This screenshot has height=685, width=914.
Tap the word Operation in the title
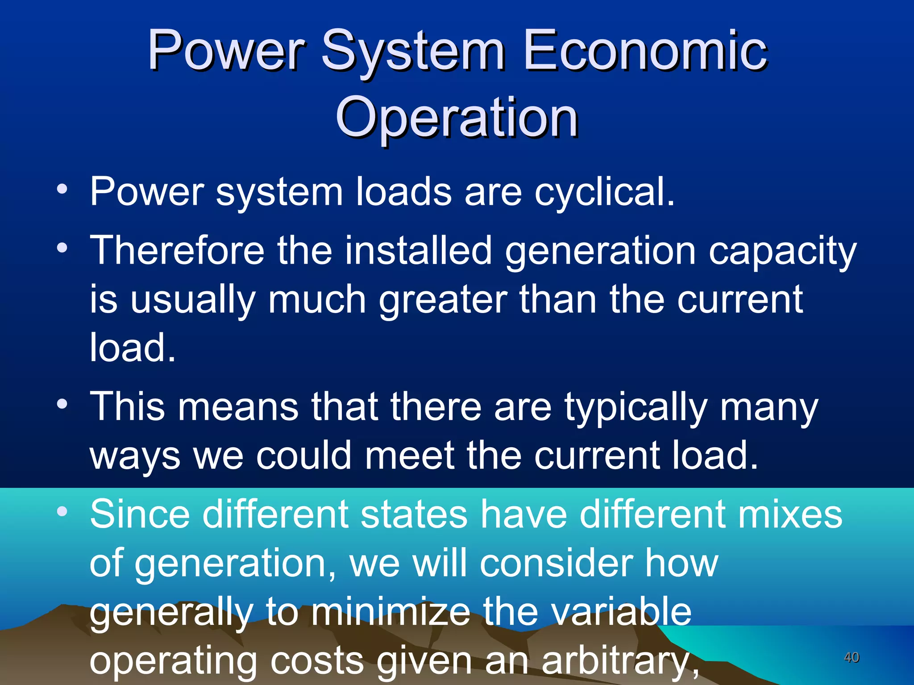(457, 118)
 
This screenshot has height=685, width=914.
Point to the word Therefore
(177, 250)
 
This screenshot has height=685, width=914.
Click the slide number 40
(852, 657)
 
